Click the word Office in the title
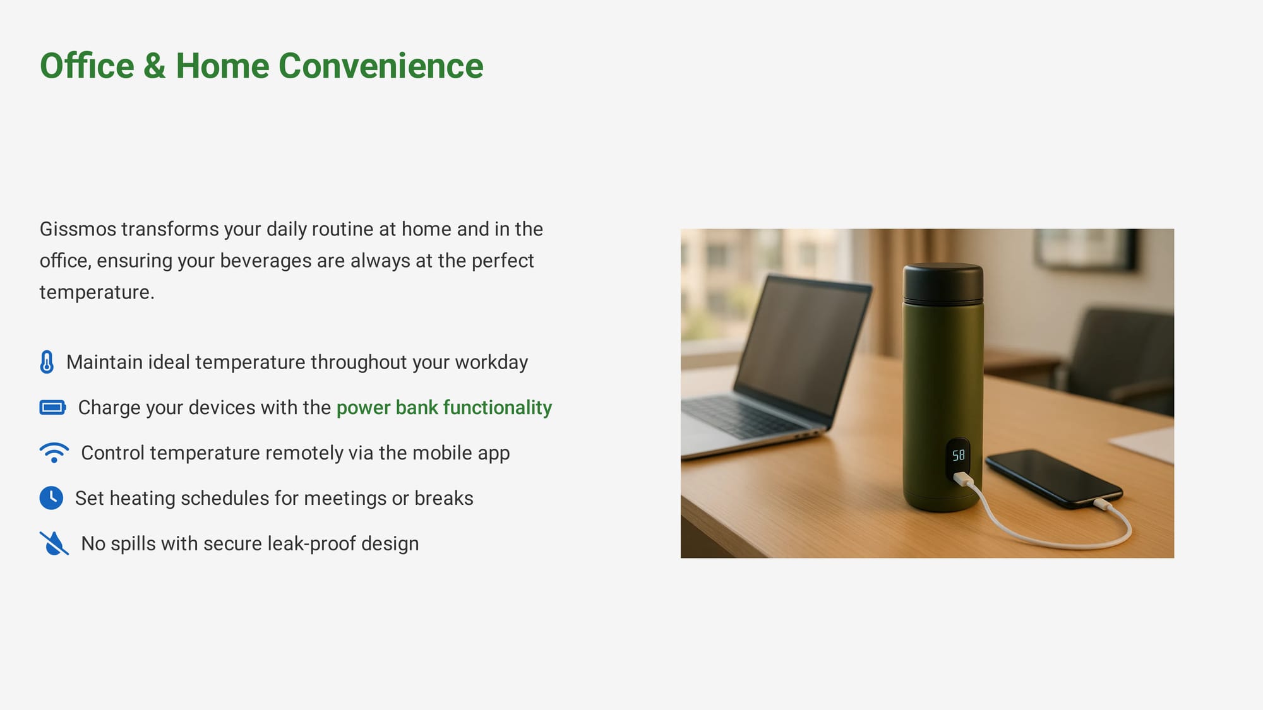[x=87, y=66]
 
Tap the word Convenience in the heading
[x=381, y=66]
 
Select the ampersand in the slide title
[x=155, y=66]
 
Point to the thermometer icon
[x=47, y=362]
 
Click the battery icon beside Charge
[x=52, y=408]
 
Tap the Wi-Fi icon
[x=54, y=453]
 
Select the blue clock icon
[x=51, y=498]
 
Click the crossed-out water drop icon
[x=54, y=543]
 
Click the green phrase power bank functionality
[x=444, y=408]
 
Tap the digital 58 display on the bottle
[x=959, y=455]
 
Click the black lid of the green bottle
[x=943, y=282]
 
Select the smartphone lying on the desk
[x=1054, y=478]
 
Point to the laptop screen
[x=802, y=344]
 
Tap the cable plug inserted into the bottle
[x=962, y=480]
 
